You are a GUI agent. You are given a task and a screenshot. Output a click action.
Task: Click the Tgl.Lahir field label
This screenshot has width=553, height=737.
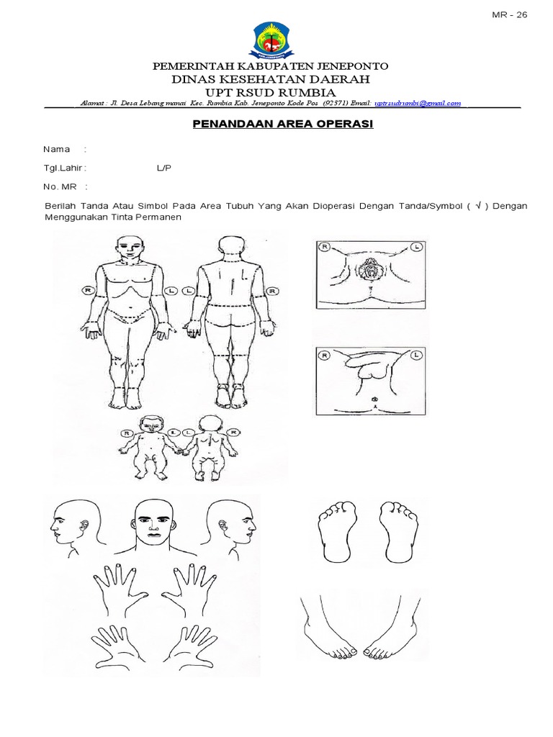(64, 168)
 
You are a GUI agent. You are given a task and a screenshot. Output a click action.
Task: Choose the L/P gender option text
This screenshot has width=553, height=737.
(165, 168)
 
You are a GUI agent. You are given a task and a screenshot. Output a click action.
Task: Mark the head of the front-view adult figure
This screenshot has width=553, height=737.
(130, 249)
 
